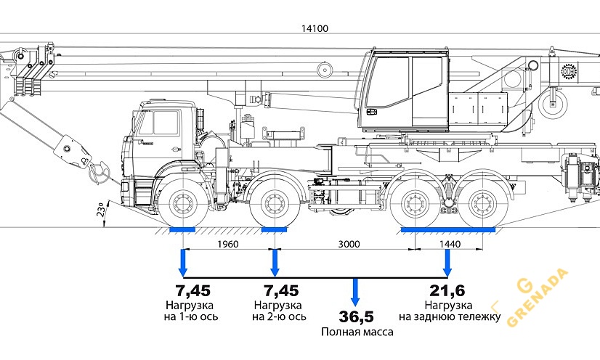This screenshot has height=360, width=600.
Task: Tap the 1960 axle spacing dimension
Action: coord(227,244)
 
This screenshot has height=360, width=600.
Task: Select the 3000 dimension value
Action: coord(349,244)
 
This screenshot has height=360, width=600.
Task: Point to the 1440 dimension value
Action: coord(450,244)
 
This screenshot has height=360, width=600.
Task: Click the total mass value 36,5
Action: coord(356,317)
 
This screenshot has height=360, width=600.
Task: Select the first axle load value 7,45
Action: coord(193,291)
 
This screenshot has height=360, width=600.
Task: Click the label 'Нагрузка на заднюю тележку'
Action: coord(449,311)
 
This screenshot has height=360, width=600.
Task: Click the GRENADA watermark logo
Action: coord(538,298)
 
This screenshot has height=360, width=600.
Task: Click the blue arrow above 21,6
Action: coord(448,261)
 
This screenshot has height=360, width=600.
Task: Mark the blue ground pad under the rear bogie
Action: coord(448,230)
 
